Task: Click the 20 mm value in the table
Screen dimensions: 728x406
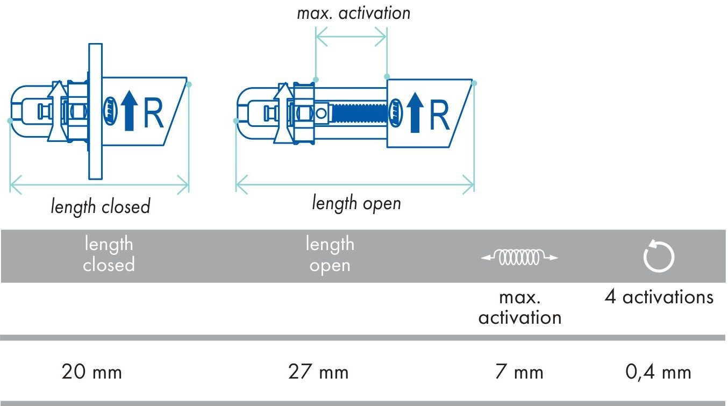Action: pyautogui.click(x=91, y=372)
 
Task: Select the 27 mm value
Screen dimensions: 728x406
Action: pyautogui.click(x=318, y=372)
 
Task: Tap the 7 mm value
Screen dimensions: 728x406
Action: pyautogui.click(x=519, y=372)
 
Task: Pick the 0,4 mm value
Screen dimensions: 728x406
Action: pyautogui.click(x=659, y=372)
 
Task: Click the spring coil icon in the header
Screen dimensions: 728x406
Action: pyautogui.click(x=519, y=258)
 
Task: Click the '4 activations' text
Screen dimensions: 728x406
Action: pyautogui.click(x=659, y=297)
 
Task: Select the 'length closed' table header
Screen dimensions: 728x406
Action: pyautogui.click(x=109, y=254)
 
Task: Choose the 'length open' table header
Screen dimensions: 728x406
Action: pyautogui.click(x=330, y=255)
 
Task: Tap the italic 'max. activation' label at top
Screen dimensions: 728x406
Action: pyautogui.click(x=354, y=13)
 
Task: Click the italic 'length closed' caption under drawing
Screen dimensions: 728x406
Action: pyautogui.click(x=101, y=206)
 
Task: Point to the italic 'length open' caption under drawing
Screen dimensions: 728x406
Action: pyautogui.click(x=356, y=203)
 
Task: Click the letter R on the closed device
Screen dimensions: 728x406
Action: pyautogui.click(x=153, y=113)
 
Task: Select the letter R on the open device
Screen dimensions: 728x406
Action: pyautogui.click(x=440, y=116)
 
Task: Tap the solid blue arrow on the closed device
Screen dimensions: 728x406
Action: pyautogui.click(x=130, y=111)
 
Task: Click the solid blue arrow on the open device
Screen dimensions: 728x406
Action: pyautogui.click(x=415, y=113)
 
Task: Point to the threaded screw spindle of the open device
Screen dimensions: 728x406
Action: pyautogui.click(x=360, y=113)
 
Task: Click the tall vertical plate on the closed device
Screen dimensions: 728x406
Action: pyautogui.click(x=96, y=111)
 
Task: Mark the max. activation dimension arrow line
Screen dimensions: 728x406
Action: pyautogui.click(x=351, y=37)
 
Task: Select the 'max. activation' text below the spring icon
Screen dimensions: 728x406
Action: pyautogui.click(x=520, y=307)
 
